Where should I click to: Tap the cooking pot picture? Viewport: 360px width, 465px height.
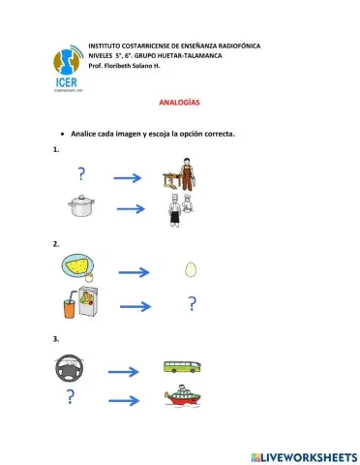pos(78,206)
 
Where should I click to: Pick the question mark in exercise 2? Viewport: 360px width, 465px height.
pos(193,305)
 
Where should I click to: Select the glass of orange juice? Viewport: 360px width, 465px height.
pos(71,306)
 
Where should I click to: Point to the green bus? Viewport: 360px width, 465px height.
pos(181,369)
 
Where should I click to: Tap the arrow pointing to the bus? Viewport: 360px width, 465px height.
pos(125,371)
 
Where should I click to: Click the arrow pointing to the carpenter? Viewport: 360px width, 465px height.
pos(129,177)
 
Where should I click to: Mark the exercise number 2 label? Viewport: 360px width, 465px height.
pos(56,244)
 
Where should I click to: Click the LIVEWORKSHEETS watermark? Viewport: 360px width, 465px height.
pos(303,455)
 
